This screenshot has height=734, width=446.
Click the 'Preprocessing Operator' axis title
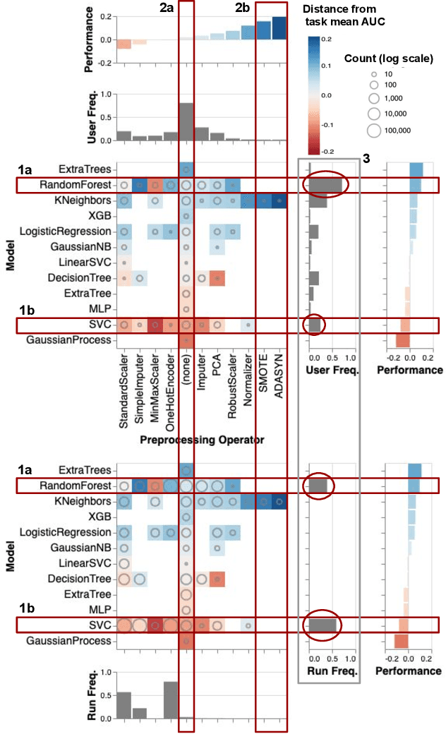pos(201,440)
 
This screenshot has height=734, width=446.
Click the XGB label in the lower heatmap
pos(101,517)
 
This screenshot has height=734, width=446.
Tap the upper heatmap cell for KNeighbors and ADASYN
pos(279,201)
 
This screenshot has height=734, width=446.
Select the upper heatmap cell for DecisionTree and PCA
pos(217,278)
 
